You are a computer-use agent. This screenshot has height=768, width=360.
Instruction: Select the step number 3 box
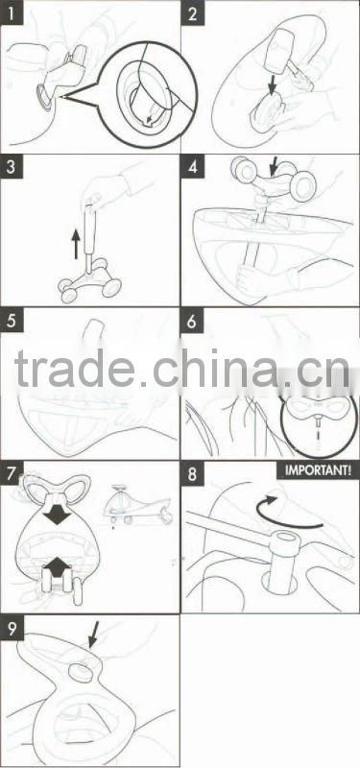[12, 166]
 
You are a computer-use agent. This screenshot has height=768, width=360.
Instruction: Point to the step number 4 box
[193, 166]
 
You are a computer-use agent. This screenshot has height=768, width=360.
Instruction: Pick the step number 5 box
[12, 321]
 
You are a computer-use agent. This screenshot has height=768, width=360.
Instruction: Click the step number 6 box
[193, 321]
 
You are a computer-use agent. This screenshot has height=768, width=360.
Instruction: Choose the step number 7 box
[12, 473]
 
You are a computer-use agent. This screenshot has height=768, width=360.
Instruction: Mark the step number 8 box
[193, 473]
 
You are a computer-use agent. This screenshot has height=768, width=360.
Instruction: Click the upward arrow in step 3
[76, 245]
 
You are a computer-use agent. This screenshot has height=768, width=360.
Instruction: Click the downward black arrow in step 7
[58, 513]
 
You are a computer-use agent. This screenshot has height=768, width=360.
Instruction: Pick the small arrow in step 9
[93, 636]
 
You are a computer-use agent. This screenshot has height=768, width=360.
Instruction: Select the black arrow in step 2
[272, 84]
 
